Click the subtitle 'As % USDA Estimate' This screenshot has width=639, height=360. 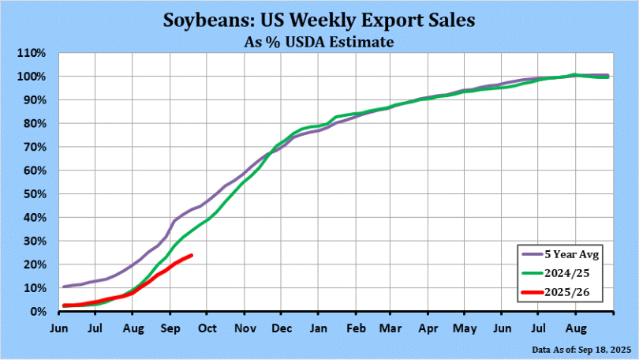coord(319,42)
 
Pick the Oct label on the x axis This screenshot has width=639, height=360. coord(207,326)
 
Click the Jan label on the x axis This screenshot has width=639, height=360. coord(319,326)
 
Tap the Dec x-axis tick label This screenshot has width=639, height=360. coord(282,326)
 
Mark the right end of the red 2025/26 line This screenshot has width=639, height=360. coord(192,255)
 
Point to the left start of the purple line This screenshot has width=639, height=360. coord(63,287)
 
